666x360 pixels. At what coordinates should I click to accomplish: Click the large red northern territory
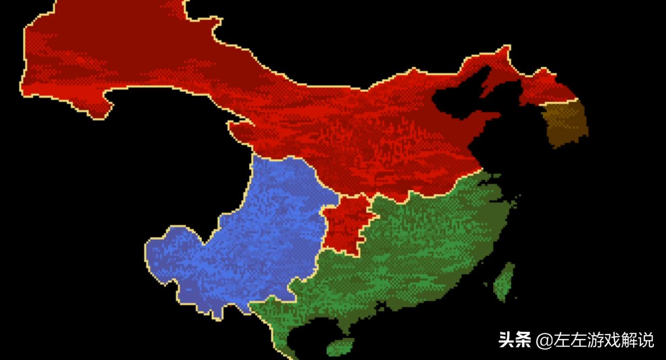(326, 121)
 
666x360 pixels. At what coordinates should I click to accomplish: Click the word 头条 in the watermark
(514, 340)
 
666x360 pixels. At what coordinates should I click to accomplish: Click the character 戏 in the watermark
(613, 340)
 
